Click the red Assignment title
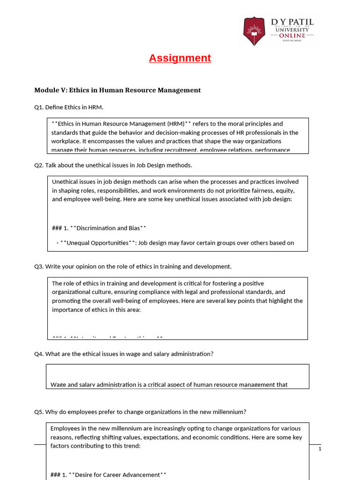tap(180, 58)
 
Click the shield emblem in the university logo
tap(254, 31)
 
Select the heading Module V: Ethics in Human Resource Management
tap(118, 90)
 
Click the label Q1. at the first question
tap(39, 107)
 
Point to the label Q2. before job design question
tap(39, 165)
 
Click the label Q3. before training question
tap(39, 266)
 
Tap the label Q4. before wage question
tap(39, 354)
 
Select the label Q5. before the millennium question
tap(39, 412)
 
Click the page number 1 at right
tap(320, 449)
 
